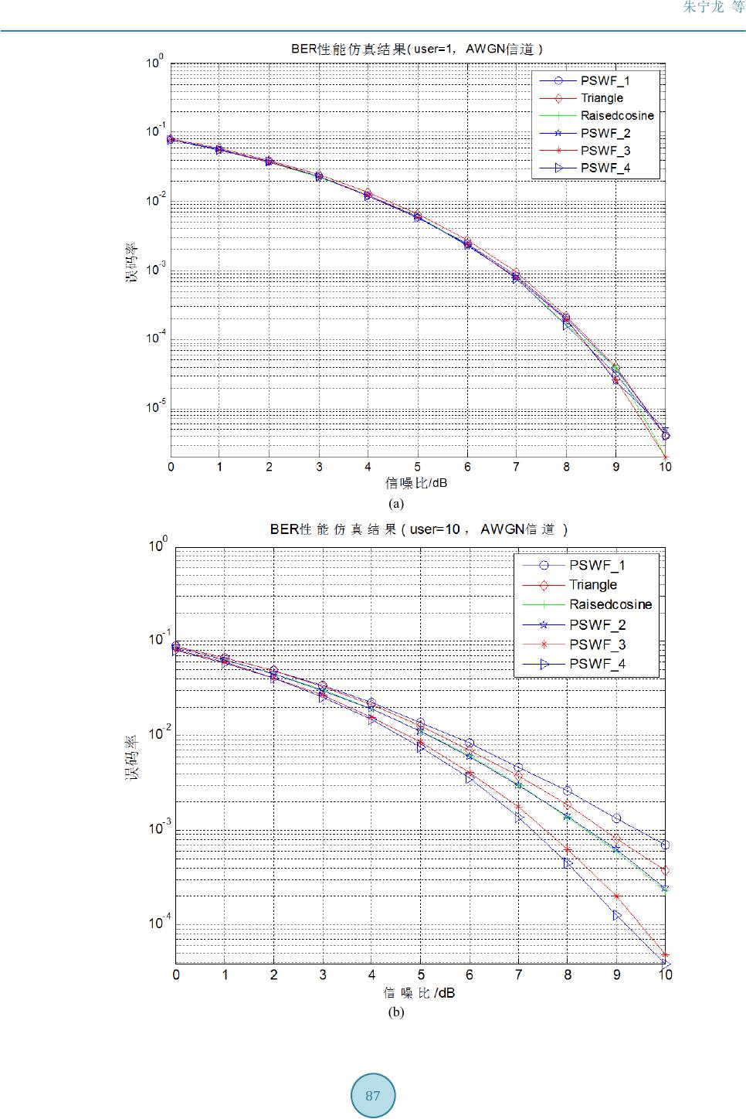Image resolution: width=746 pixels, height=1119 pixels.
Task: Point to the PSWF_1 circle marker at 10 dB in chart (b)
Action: click(665, 845)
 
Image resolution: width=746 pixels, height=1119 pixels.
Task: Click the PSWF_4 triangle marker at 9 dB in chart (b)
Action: click(617, 915)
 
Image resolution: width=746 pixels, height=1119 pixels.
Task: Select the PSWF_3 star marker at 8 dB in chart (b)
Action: click(568, 849)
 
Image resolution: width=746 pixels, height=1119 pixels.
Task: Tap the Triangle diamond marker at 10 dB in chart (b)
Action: click(665, 871)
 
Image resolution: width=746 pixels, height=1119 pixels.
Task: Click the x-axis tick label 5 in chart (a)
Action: click(417, 467)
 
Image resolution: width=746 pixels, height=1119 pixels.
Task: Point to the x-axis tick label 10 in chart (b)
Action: click(665, 974)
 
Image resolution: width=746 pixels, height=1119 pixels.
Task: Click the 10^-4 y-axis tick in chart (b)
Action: click(158, 923)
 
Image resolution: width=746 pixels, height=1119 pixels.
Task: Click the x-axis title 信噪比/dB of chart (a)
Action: click(416, 483)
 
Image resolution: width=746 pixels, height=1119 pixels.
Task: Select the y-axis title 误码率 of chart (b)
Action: click(133, 757)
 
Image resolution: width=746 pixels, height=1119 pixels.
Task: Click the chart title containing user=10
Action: click(419, 529)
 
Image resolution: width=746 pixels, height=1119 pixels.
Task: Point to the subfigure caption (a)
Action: click(396, 503)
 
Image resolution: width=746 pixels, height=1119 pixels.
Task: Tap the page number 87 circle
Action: click(373, 1096)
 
